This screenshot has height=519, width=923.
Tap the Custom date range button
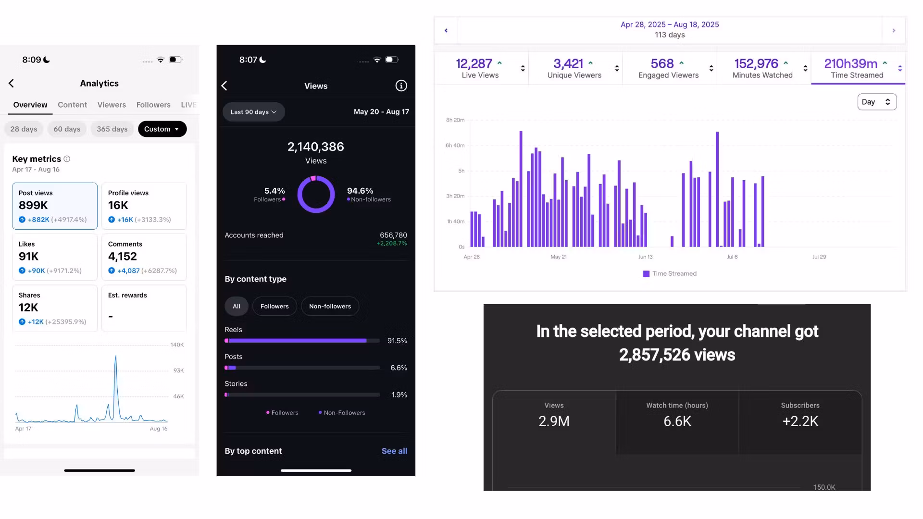(162, 129)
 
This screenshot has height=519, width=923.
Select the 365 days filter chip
(112, 129)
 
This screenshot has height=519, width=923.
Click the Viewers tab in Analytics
(112, 105)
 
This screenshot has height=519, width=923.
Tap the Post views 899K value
(33, 205)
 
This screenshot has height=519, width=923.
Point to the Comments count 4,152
(123, 257)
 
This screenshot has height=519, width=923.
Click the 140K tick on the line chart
(177, 345)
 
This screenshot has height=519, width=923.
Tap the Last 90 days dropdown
(253, 112)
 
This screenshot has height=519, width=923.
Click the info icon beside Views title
(401, 86)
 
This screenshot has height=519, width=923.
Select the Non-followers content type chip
(330, 306)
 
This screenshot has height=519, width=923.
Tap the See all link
(394, 451)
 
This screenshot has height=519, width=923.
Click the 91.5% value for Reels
(397, 341)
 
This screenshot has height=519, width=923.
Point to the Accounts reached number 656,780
(393, 235)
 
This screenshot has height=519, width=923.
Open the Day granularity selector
(877, 102)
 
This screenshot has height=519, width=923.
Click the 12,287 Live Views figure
(474, 63)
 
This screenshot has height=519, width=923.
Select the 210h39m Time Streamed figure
(850, 63)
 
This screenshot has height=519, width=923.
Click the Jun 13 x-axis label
(645, 257)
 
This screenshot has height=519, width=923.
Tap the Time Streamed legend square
(646, 273)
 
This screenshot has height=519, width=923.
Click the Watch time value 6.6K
(677, 421)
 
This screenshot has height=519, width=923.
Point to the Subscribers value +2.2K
(800, 421)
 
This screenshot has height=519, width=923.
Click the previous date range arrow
(446, 30)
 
